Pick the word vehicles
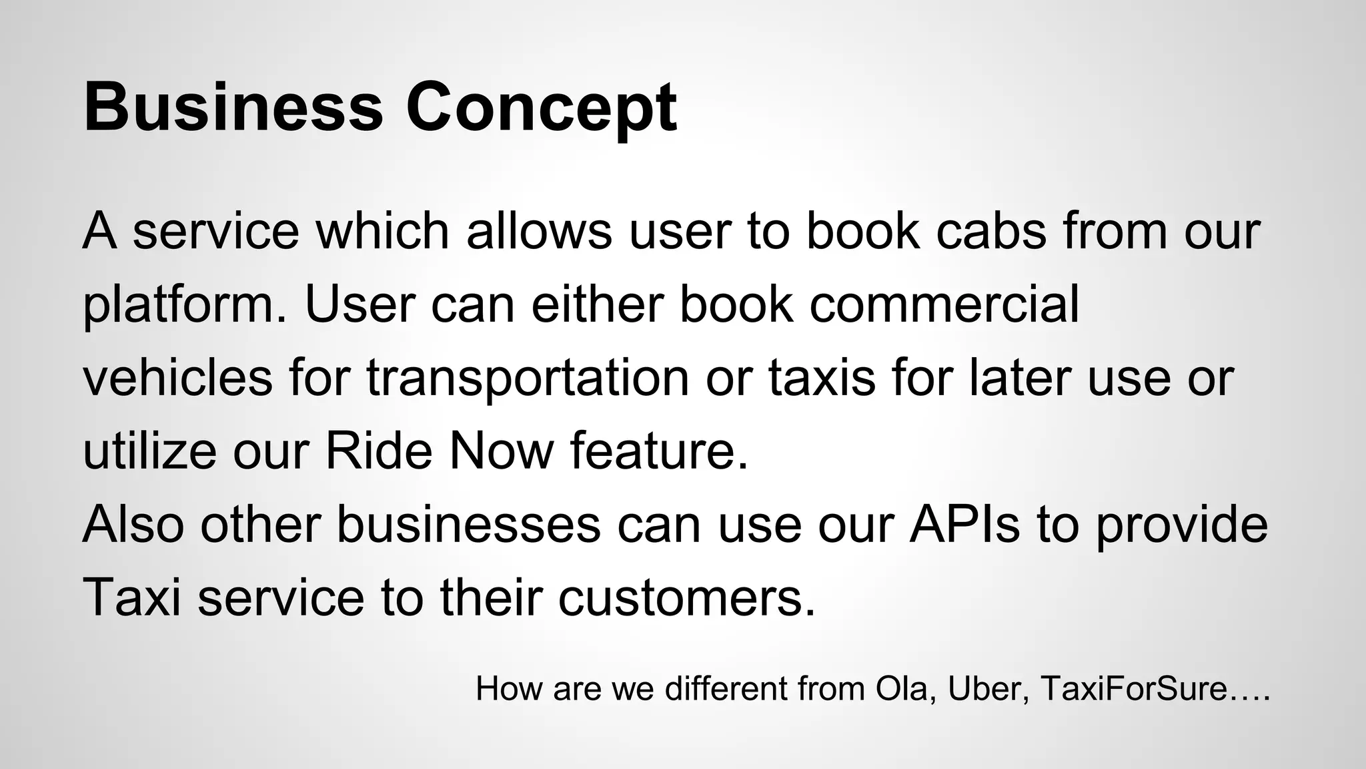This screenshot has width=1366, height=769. point(177,378)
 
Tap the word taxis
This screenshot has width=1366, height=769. point(822,378)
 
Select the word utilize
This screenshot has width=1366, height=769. point(149,451)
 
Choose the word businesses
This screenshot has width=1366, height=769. point(468,525)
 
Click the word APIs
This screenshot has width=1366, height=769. point(964,525)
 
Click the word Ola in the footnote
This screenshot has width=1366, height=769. point(902,689)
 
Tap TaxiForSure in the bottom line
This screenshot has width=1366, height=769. point(1134,689)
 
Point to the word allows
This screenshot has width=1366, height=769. point(539,231)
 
